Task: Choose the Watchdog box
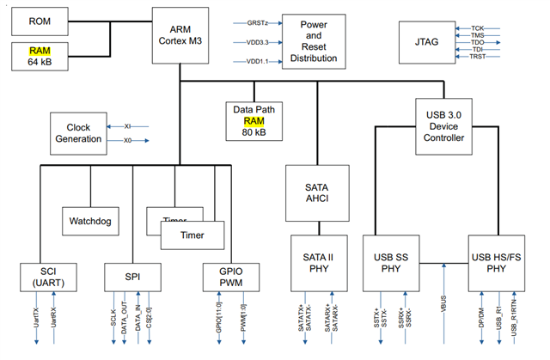click(90, 221)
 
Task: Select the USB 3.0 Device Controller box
click(445, 125)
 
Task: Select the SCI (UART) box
click(48, 277)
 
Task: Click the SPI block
click(131, 276)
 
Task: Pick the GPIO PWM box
click(226, 277)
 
